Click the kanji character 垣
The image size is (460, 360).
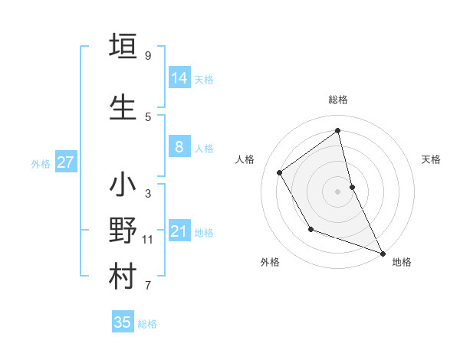[123, 45]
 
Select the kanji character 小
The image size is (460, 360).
[123, 185]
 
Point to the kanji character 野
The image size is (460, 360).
[123, 231]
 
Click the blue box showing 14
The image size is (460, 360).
[179, 78]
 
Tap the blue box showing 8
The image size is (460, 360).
[179, 147]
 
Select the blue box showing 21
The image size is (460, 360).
[179, 231]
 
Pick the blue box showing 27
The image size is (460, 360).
[65, 162]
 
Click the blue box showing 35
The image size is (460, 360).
[123, 322]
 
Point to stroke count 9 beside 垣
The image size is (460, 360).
[148, 56]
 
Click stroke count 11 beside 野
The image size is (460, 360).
[148, 240]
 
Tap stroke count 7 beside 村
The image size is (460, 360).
[148, 286]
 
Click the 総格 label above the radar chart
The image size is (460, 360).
[338, 100]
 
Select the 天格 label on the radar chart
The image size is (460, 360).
[431, 159]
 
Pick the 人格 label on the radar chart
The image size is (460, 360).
[245, 159]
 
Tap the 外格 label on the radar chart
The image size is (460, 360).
[270, 262]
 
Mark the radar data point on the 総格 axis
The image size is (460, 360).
[338, 131]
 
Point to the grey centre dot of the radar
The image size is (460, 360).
[338, 191]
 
